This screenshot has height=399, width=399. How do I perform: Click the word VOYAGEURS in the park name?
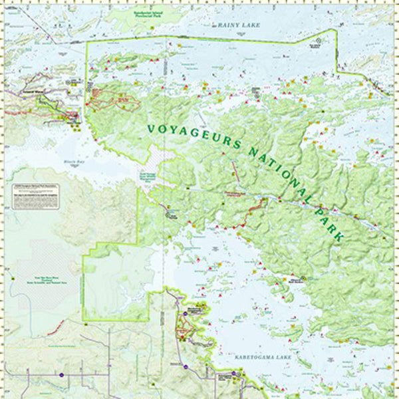[190, 130]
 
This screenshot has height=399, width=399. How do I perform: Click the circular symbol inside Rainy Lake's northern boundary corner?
[317, 41]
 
